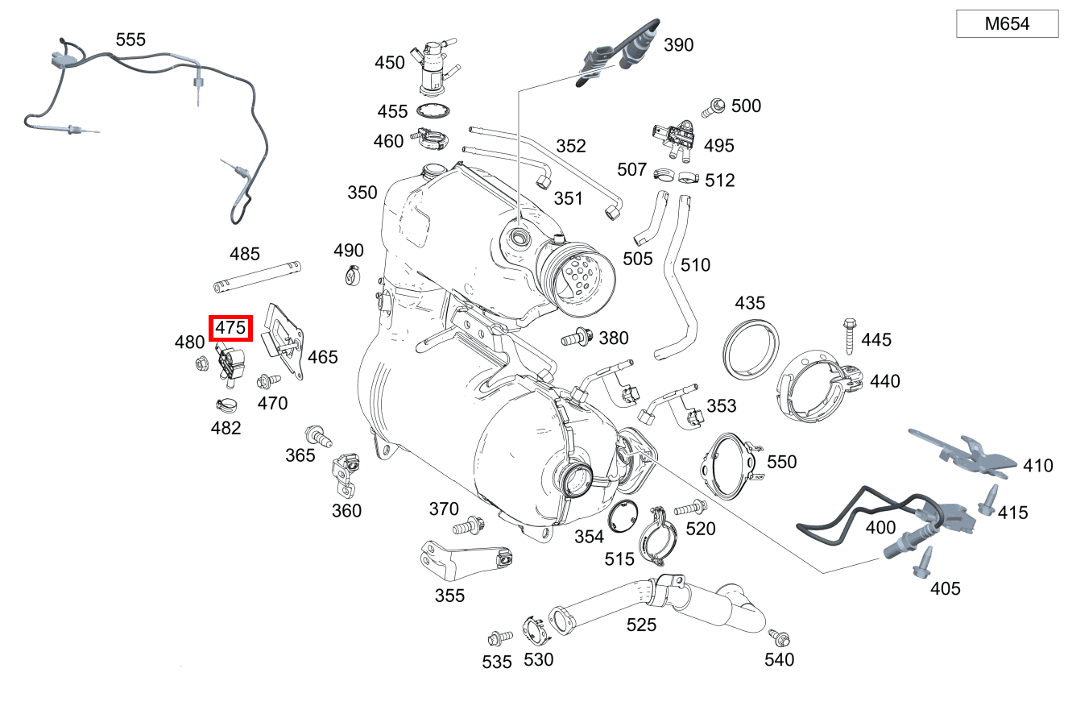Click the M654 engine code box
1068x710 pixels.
pyautogui.click(x=1007, y=24)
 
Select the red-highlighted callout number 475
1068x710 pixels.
pyautogui.click(x=230, y=328)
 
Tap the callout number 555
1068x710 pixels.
pyautogui.click(x=130, y=39)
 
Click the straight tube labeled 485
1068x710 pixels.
pyautogui.click(x=257, y=275)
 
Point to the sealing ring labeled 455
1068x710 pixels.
pyautogui.click(x=433, y=111)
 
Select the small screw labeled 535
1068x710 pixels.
pyautogui.click(x=498, y=638)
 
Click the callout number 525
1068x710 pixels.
pyautogui.click(x=641, y=625)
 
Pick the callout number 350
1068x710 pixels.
pyautogui.click(x=362, y=193)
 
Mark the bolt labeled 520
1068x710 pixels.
pyautogui.click(x=689, y=509)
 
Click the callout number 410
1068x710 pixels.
pyautogui.click(x=1038, y=465)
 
